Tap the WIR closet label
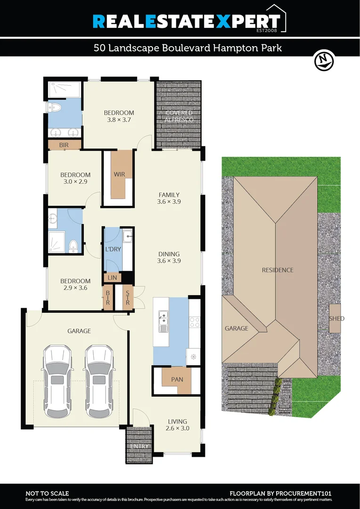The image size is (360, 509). pyautogui.click(x=119, y=174)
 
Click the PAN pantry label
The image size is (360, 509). pyautogui.click(x=177, y=379)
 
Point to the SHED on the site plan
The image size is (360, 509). pyautogui.click(x=336, y=319)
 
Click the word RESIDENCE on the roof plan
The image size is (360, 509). pyautogui.click(x=278, y=270)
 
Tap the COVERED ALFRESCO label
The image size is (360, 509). pyautogui.click(x=179, y=116)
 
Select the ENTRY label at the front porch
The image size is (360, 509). pyautogui.click(x=139, y=446)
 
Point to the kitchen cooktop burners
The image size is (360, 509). pyautogui.click(x=195, y=322)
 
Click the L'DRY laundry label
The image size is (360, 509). pyautogui.click(x=113, y=249)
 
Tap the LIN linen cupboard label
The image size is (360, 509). pyautogui.click(x=112, y=278)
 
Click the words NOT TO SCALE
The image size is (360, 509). pyautogui.click(x=47, y=493)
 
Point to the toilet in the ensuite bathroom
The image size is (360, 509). pyautogui.click(x=55, y=108)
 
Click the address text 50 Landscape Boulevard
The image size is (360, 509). pyautogui.click(x=141, y=48)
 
